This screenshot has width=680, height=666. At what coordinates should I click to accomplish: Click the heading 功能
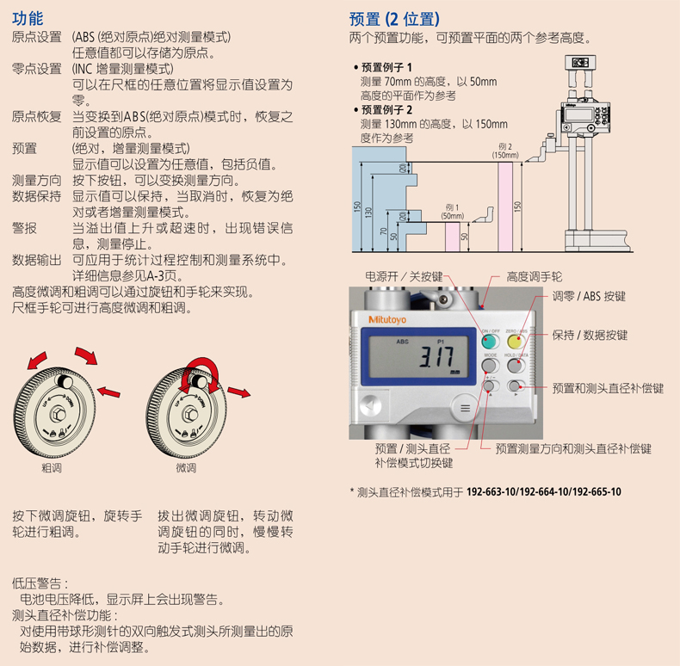pyautogui.click(x=28, y=19)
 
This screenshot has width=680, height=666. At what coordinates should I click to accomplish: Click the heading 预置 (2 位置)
pyautogui.click(x=394, y=20)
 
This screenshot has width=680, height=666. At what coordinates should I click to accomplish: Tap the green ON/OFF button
pyautogui.click(x=490, y=342)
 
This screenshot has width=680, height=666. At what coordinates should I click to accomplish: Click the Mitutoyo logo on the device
pyautogui.click(x=387, y=319)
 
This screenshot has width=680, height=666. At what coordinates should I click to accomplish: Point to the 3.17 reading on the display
pyautogui.click(x=436, y=357)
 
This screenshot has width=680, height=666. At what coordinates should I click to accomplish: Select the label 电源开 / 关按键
pyautogui.click(x=404, y=276)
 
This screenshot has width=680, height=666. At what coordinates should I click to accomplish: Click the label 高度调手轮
pyautogui.click(x=534, y=276)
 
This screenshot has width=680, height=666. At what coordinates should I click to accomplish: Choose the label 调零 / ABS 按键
pyautogui.click(x=589, y=296)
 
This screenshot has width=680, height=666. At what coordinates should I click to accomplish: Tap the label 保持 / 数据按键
pyautogui.click(x=590, y=335)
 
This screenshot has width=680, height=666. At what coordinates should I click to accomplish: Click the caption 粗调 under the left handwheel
pyautogui.click(x=52, y=468)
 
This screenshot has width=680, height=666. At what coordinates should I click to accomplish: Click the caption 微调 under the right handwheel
pyautogui.click(x=186, y=468)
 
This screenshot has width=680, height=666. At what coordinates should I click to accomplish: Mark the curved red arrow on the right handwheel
pyautogui.click(x=201, y=363)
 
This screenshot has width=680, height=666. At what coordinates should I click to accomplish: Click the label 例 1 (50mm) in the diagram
pyautogui.click(x=452, y=212)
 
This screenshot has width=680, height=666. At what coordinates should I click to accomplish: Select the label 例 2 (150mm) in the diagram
pyautogui.click(x=505, y=151)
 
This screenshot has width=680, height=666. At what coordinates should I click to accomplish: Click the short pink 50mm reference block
pyautogui.click(x=452, y=237)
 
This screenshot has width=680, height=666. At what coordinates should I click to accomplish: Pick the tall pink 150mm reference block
pyautogui.click(x=505, y=207)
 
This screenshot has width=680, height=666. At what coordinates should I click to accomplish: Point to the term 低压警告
pyautogui.click(x=37, y=583)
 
